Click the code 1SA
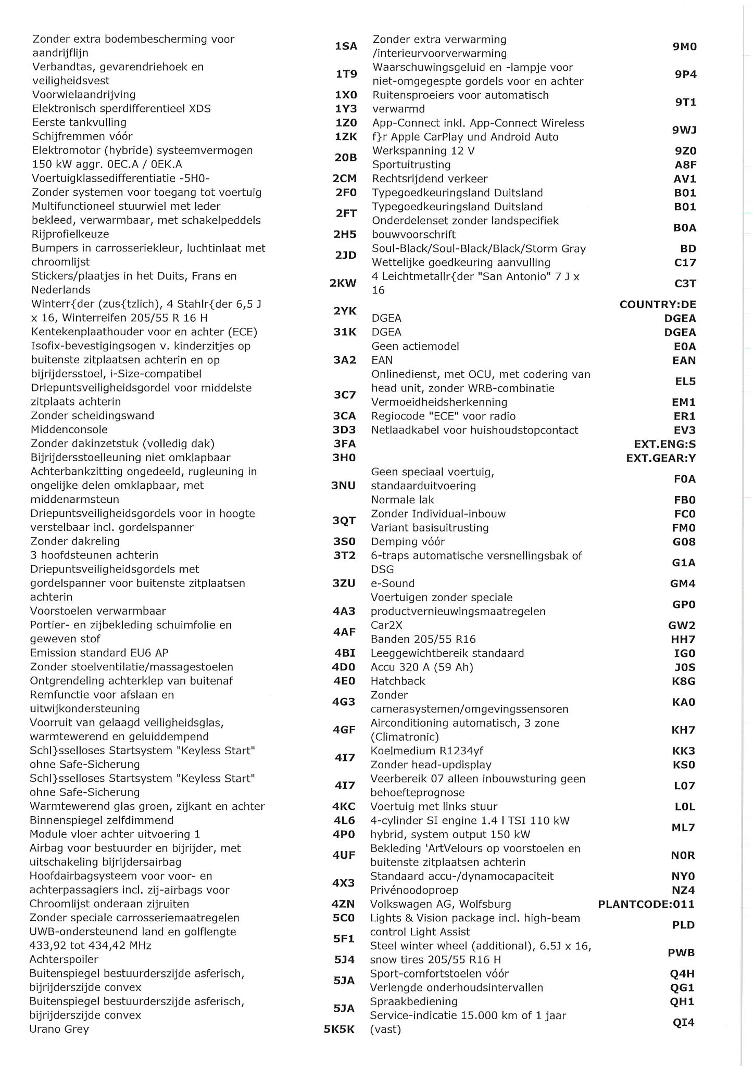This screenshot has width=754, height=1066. click(x=346, y=46)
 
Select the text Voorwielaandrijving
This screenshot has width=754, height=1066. click(x=83, y=95)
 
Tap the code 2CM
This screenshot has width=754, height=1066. click(x=345, y=179)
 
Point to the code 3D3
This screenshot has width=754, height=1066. click(x=344, y=430)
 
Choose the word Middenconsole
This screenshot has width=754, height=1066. click(x=69, y=430)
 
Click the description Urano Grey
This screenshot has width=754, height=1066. click(x=59, y=1029)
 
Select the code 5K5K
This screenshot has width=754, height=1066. click(x=339, y=1030)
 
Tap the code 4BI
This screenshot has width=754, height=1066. click(x=345, y=653)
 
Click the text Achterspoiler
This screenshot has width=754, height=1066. click(x=64, y=959)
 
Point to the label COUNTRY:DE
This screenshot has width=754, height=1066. click(x=658, y=304)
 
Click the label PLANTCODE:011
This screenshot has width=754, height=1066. click(x=646, y=904)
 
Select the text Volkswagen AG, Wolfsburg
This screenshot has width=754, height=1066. click(x=441, y=904)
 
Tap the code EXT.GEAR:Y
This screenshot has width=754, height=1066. click(x=661, y=458)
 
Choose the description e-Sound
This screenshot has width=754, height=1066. click(x=393, y=583)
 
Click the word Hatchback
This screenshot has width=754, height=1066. click(x=398, y=681)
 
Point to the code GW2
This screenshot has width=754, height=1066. click(x=682, y=626)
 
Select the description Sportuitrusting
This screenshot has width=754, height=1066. click(x=411, y=165)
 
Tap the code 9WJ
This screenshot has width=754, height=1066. click(x=684, y=130)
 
